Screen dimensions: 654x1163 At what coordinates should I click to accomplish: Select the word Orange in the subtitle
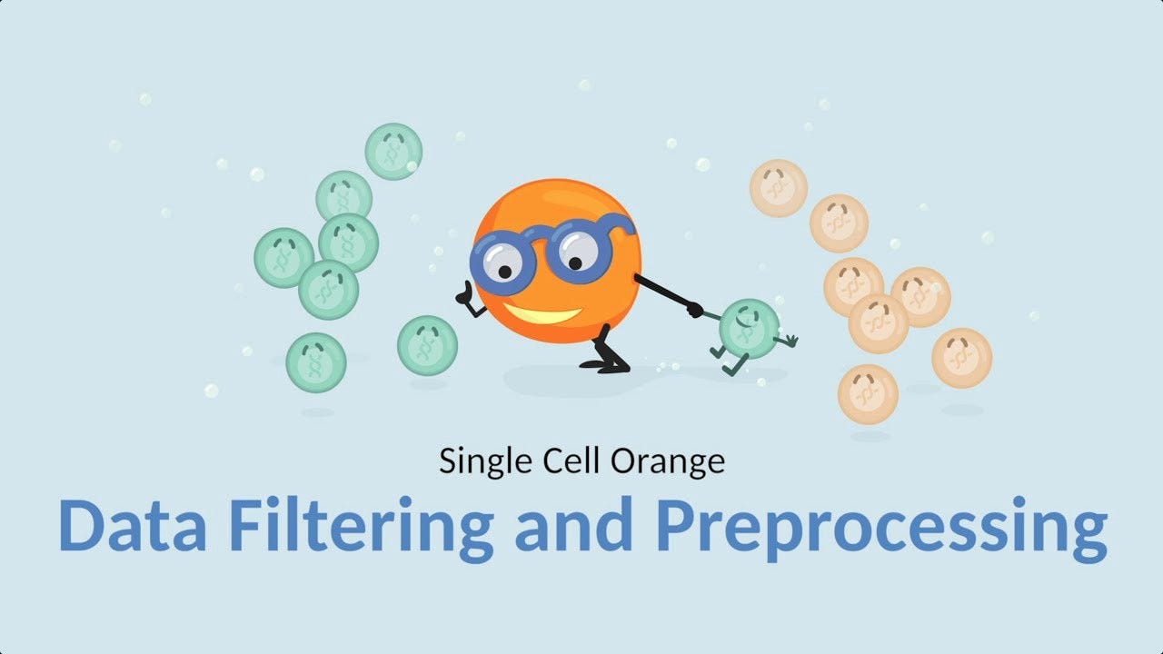668,461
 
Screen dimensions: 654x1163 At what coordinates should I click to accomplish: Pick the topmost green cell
393,151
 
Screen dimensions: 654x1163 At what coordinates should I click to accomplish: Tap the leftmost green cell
283,258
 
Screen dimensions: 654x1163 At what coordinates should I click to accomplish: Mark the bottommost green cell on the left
316,362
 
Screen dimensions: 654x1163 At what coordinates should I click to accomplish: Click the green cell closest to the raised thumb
427,345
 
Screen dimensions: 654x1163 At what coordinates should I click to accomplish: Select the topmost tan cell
779,188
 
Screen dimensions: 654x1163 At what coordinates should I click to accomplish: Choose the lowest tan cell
868,394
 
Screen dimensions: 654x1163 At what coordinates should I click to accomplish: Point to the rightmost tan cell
961,358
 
